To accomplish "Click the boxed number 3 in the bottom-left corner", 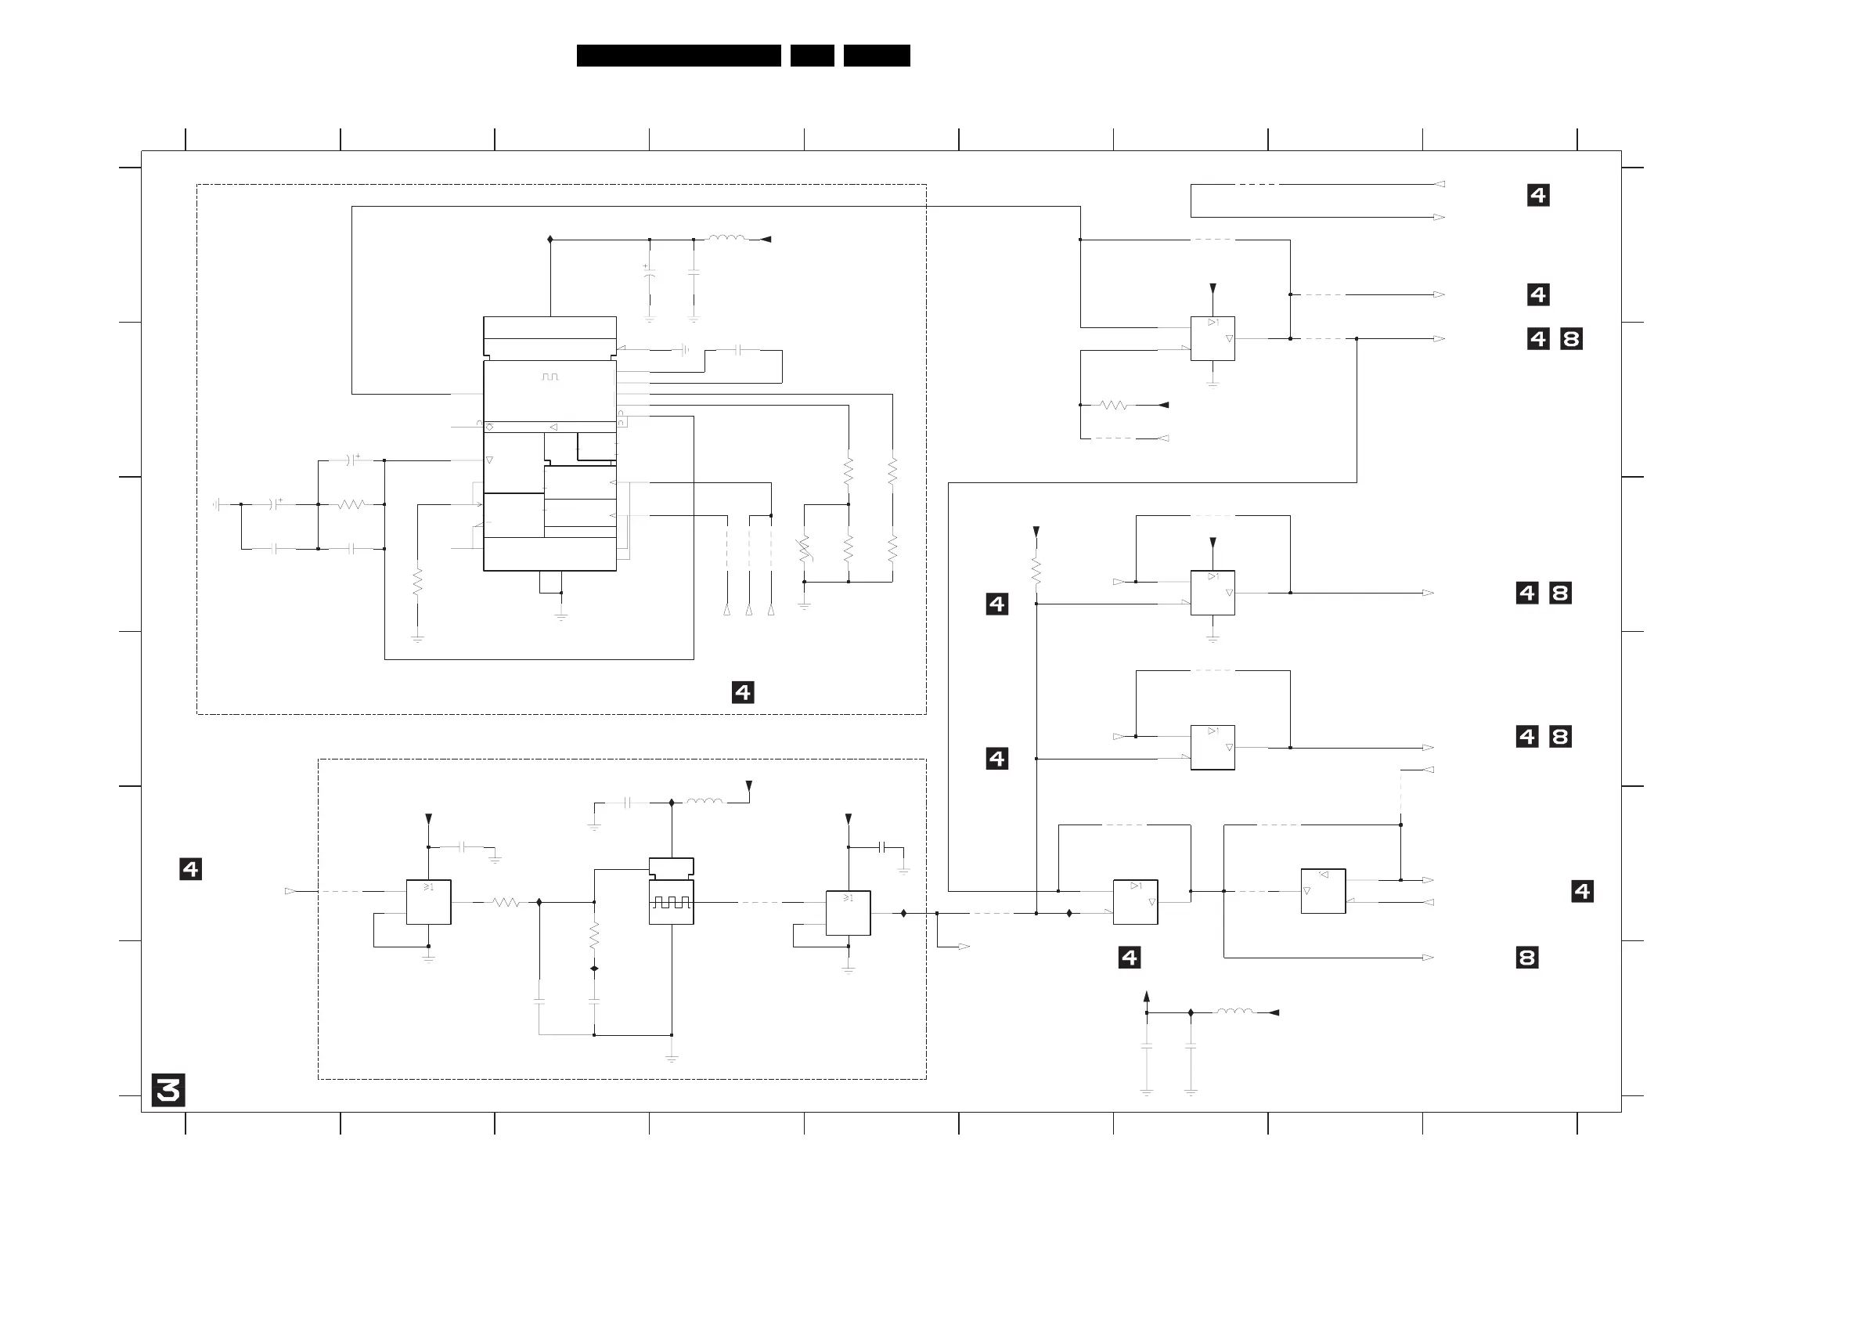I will [x=168, y=1090].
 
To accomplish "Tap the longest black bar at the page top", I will [x=679, y=55].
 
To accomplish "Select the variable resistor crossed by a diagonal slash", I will [x=805, y=550].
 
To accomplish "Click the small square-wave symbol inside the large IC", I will [x=550, y=377].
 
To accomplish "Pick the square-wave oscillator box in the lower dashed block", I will [x=671, y=901].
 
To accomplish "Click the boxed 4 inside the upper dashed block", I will [x=742, y=692].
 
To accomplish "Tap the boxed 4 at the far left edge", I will [x=191, y=869].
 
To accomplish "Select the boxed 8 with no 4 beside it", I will [x=1526, y=958].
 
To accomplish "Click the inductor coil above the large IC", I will [x=727, y=239].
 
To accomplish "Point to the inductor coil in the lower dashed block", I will [x=704, y=802].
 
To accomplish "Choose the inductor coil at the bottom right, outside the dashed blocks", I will [x=1234, y=1012].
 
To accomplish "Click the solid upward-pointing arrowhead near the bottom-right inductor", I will [x=1147, y=997].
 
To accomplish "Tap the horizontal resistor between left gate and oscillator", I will [x=506, y=901].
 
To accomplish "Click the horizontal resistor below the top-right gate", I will [x=1113, y=404].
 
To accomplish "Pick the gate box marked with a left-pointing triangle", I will [x=1323, y=891].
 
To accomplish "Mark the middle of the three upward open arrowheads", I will [x=749, y=610].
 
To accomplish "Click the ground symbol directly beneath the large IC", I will [x=560, y=616].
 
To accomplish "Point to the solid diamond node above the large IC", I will [x=550, y=240].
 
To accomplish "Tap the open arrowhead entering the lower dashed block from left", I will [x=290, y=891].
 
